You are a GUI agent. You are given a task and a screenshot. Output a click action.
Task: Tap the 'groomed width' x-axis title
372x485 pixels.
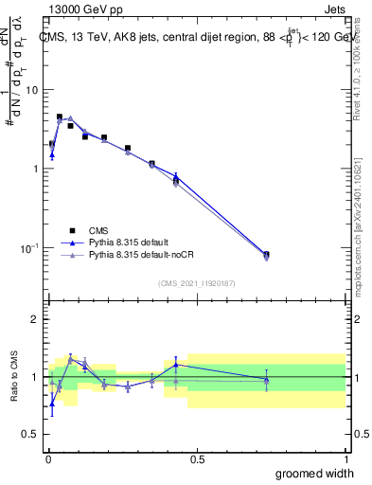point(303,473)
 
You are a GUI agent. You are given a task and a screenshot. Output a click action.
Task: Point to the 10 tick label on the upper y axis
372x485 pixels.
point(31,90)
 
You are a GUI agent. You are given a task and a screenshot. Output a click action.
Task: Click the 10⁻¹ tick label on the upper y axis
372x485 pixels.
point(28,247)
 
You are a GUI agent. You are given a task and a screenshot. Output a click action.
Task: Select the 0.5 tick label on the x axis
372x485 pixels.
point(197,458)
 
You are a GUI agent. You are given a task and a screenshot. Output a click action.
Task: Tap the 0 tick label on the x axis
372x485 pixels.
point(48,458)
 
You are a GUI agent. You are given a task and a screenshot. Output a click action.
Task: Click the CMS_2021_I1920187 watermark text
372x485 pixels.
point(197,283)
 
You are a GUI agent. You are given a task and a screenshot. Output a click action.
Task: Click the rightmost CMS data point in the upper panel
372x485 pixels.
point(266,255)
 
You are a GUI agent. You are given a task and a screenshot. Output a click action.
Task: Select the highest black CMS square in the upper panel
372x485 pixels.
point(60,117)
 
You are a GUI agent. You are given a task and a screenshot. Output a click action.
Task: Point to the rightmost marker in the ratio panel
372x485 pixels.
point(266,380)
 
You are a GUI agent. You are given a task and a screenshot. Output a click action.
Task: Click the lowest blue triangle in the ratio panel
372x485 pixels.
point(51,404)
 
